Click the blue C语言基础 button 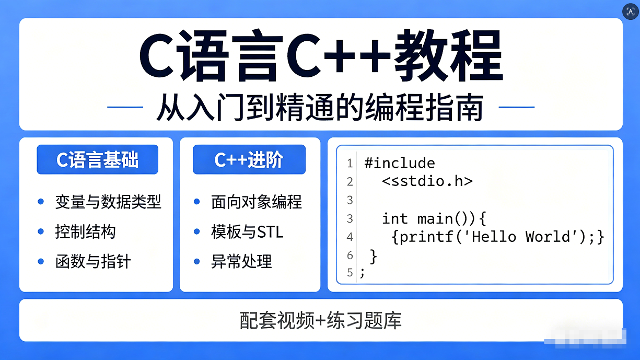click(x=97, y=160)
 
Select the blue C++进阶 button click(x=249, y=160)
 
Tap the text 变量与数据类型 click(x=108, y=202)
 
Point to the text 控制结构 click(x=85, y=231)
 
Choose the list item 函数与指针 click(x=93, y=261)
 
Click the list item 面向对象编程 click(x=257, y=202)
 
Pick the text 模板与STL click(x=247, y=231)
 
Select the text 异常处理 click(x=241, y=261)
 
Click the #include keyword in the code click(x=400, y=163)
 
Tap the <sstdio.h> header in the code click(x=427, y=181)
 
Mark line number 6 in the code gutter click(x=350, y=256)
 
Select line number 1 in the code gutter click(x=350, y=163)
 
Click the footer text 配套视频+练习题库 click(x=321, y=320)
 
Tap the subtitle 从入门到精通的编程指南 click(x=320, y=108)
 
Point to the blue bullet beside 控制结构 click(x=41, y=231)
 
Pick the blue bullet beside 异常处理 click(x=197, y=261)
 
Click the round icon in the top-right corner click(x=630, y=12)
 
